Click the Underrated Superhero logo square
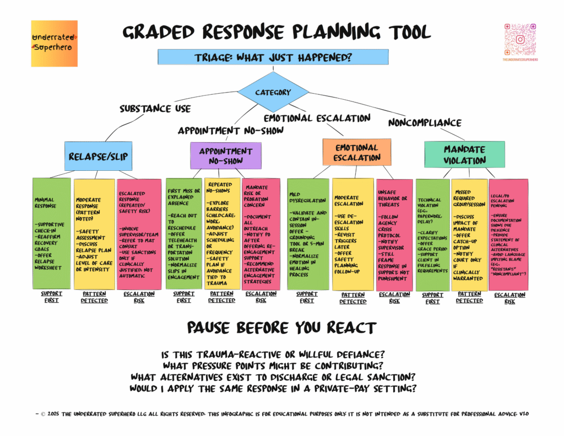[54, 44]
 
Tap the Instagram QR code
[519, 39]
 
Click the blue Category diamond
[273, 93]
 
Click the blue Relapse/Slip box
[98, 156]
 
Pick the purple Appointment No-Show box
[226, 155]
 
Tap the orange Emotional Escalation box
[356, 153]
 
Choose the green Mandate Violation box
[464, 155]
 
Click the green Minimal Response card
[52, 233]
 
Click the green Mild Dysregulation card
[308, 233]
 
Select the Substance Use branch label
[155, 109]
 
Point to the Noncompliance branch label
[425, 122]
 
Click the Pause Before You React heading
[281, 328]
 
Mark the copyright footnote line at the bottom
[281, 413]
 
